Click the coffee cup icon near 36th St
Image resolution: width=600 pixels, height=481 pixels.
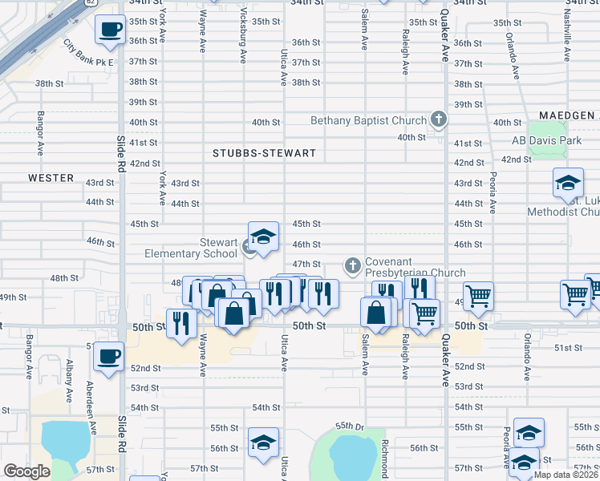coord(109,30)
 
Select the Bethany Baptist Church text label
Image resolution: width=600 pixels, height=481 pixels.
coord(368,121)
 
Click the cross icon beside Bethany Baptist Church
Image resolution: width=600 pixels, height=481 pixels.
coord(438,120)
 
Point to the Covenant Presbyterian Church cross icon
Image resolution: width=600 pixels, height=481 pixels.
coord(351,265)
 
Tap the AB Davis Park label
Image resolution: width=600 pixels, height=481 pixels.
coord(545,140)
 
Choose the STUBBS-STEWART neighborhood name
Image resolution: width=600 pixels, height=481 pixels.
coord(264,152)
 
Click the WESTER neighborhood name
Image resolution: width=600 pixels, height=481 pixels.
coord(51,178)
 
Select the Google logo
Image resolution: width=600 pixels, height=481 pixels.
coord(27,471)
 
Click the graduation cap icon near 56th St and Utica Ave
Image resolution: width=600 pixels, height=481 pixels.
coord(263,443)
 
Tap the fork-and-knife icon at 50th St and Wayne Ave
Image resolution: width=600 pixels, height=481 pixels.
coord(180,323)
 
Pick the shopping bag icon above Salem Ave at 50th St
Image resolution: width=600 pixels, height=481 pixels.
coord(375,312)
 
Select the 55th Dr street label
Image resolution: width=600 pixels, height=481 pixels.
coord(350,426)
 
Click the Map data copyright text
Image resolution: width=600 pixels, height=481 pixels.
coord(566,475)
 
